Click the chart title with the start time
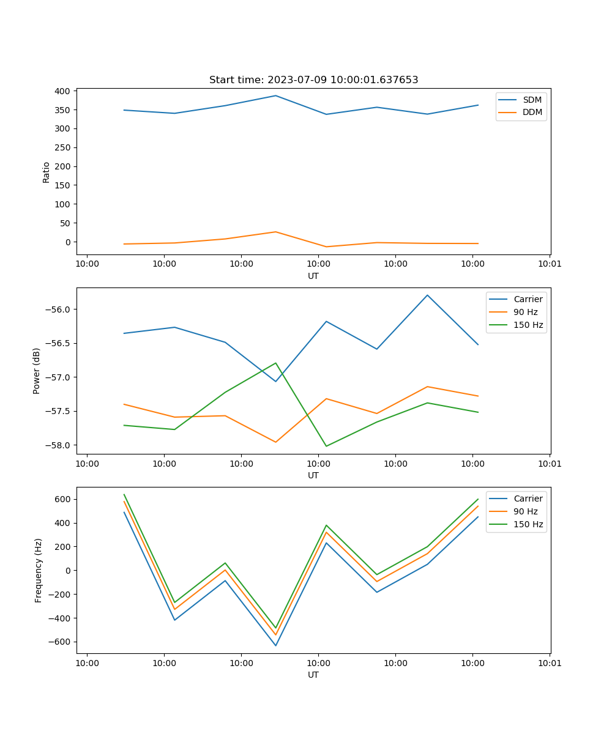(313, 80)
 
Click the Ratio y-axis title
(47, 172)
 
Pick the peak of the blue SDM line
(275, 95)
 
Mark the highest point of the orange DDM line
(275, 232)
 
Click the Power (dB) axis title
(37, 371)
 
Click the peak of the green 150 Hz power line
(275, 363)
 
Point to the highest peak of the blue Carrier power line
(427, 295)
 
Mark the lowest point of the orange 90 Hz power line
(275, 442)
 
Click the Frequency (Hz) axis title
(39, 570)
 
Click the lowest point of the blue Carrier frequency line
(275, 645)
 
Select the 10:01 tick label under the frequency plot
(549, 662)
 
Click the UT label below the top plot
(313, 276)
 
